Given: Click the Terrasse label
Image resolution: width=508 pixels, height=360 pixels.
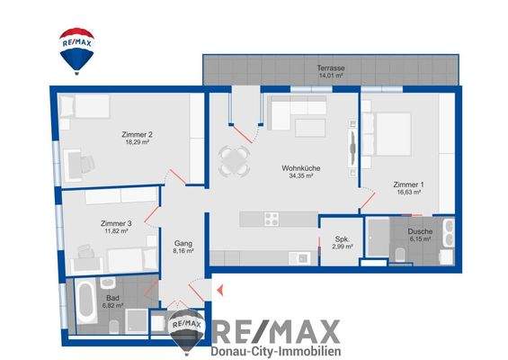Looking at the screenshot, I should pos(330,68).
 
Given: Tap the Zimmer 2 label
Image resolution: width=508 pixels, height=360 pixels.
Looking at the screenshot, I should pos(135,135).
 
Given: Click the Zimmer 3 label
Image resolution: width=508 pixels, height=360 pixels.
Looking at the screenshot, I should pos(116,222).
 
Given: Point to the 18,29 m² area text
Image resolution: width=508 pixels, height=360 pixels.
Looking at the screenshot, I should pos(135,143).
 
